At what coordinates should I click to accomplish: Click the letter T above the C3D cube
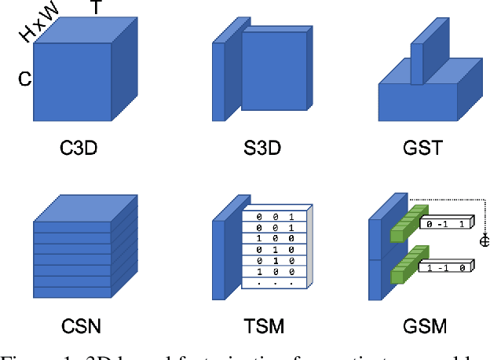click(96, 9)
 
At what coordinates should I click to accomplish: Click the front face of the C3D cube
click(72, 82)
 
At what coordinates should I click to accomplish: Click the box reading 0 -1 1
click(448, 225)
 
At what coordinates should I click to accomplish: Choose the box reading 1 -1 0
click(448, 268)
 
